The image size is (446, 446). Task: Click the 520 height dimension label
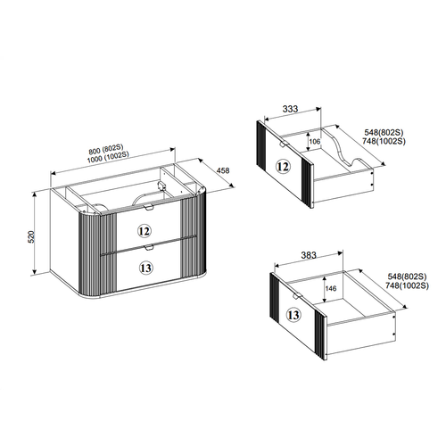click(x=32, y=236)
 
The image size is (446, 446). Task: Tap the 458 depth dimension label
click(x=223, y=170)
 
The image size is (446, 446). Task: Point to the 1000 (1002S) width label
click(x=108, y=157)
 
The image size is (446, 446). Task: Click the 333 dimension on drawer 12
click(x=290, y=109)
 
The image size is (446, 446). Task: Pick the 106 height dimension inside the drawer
click(x=315, y=141)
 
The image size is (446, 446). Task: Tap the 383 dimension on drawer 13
click(x=309, y=255)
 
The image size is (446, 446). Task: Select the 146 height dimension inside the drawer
click(x=331, y=288)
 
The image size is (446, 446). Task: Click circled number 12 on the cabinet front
click(x=145, y=231)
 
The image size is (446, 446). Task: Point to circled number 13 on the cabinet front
click(x=146, y=268)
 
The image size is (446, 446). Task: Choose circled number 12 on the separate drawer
click(x=283, y=167)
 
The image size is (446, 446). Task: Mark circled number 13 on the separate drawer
click(x=293, y=315)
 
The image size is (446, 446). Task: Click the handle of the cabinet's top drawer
click(x=148, y=208)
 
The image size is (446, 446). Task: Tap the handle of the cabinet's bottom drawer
click(x=148, y=247)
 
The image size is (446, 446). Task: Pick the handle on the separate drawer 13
click(x=296, y=295)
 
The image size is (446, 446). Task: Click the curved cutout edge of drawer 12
click(x=342, y=149)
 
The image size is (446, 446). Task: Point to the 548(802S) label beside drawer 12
click(x=384, y=132)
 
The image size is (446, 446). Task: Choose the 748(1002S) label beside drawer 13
click(x=407, y=285)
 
